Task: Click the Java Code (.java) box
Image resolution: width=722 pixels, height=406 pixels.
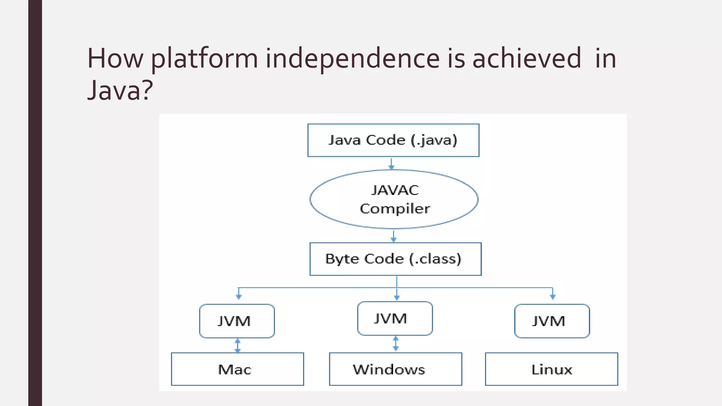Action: click(393, 140)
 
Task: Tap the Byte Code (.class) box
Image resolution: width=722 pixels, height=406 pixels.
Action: click(395, 259)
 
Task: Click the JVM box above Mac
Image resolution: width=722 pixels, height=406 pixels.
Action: click(237, 321)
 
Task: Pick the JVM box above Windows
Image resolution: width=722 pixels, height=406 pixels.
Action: click(395, 319)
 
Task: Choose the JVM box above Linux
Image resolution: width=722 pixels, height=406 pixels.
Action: click(552, 321)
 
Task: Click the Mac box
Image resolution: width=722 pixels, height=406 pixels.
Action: click(237, 369)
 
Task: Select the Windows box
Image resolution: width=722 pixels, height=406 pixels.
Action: click(395, 369)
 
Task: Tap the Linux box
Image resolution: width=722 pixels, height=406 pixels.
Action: click(551, 369)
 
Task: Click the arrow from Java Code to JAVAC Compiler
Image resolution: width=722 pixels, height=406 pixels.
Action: click(391, 164)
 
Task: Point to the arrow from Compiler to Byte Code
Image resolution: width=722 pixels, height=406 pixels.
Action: click(394, 236)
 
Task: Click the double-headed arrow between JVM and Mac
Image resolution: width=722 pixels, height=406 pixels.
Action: click(238, 346)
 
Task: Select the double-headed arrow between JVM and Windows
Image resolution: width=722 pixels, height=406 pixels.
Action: click(396, 344)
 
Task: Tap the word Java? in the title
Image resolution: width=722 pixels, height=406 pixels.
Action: click(120, 90)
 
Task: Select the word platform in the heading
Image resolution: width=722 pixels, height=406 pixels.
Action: click(204, 59)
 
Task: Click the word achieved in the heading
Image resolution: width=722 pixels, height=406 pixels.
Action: click(526, 59)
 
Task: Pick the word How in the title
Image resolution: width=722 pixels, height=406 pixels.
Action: click(115, 59)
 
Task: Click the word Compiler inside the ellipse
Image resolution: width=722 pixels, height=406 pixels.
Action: click(395, 209)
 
